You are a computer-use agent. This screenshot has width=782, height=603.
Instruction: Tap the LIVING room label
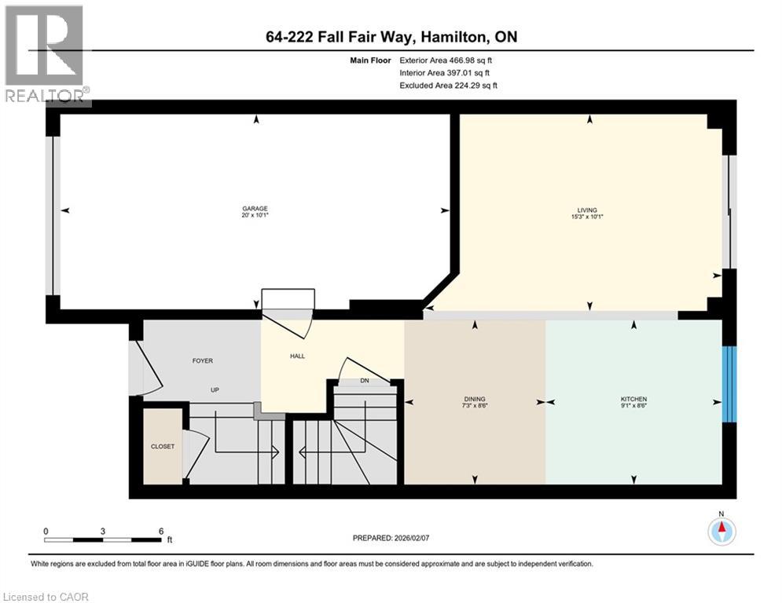pos(587,210)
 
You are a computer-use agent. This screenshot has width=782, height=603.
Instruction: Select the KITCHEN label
pos(633,399)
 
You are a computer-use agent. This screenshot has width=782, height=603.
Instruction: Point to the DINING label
pos(474,399)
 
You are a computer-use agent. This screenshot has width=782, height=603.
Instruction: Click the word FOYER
pos(203,361)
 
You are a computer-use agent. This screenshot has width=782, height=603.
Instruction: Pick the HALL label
pos(297,356)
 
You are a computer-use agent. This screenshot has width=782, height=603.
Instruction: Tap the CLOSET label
pos(163,447)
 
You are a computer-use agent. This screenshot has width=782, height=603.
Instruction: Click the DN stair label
pos(364,380)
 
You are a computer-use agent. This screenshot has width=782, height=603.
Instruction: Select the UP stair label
pos(214,389)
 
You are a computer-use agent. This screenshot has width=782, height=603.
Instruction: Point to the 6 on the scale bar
pos(160,531)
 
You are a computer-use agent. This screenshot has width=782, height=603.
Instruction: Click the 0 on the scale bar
pos(46,531)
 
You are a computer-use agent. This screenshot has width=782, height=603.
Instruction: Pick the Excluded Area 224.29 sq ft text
pos(449,86)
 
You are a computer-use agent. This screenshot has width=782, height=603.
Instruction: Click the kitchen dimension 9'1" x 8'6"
pos(633,407)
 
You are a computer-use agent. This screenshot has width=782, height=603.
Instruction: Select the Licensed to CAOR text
pos(46,597)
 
